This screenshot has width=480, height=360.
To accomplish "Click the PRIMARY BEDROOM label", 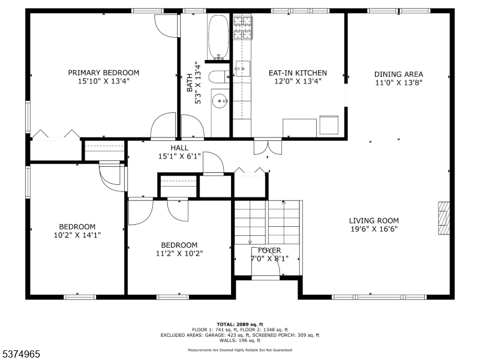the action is tap(103, 73).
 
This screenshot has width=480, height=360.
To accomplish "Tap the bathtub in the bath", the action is tap(218, 37).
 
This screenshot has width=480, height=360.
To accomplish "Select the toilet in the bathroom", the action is tap(219, 77).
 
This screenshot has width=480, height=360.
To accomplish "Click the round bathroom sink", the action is tap(220, 101).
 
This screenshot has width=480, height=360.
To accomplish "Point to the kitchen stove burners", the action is tap(243, 28).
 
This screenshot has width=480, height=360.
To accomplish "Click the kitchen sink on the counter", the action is tap(242, 69).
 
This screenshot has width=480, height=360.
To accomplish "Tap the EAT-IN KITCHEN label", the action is tap(298, 73).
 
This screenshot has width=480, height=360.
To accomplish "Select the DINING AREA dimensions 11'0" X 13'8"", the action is tap(399, 83).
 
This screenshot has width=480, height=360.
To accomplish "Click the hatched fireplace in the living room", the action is tap(444, 218).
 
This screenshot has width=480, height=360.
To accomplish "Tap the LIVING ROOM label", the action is tap(374, 220).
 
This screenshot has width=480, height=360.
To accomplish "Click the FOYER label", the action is tap(269, 250).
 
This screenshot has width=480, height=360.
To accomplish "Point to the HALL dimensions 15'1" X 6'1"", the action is tap(179, 157).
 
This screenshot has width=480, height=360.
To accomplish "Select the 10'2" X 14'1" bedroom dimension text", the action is tap(77, 235).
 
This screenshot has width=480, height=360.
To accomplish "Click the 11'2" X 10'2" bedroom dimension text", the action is tap(179, 253).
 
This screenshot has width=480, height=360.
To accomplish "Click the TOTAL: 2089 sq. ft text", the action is tap(240, 325).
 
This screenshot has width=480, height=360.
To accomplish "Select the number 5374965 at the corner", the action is tap(20, 354).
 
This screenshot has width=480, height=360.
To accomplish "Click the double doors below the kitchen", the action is tap(268, 147).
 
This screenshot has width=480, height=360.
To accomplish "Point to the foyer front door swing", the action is tap(266, 262).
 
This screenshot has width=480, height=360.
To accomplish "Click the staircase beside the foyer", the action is tap(267, 223).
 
